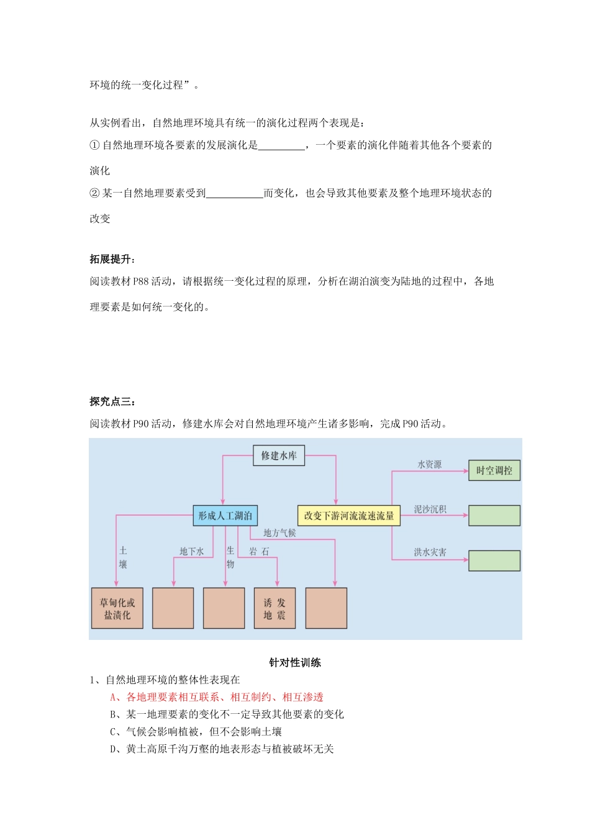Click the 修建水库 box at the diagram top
[279, 455]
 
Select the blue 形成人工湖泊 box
[225, 516]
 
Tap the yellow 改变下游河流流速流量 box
[349, 516]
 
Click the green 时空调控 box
[494, 470]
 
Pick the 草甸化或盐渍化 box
[117, 608]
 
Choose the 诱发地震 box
[275, 608]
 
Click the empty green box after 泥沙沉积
[494, 516]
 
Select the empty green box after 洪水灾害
[494, 560]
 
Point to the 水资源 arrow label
[429, 464]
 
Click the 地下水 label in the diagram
[191, 551]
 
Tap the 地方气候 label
[279, 532]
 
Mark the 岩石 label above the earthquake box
[259, 551]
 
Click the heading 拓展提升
[112, 259]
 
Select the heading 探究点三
[112, 401]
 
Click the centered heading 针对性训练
[295, 662]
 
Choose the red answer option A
[217, 697]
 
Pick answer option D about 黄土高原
[222, 749]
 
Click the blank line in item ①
[281, 145]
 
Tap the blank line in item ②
[234, 193]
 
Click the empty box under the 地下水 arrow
[173, 608]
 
